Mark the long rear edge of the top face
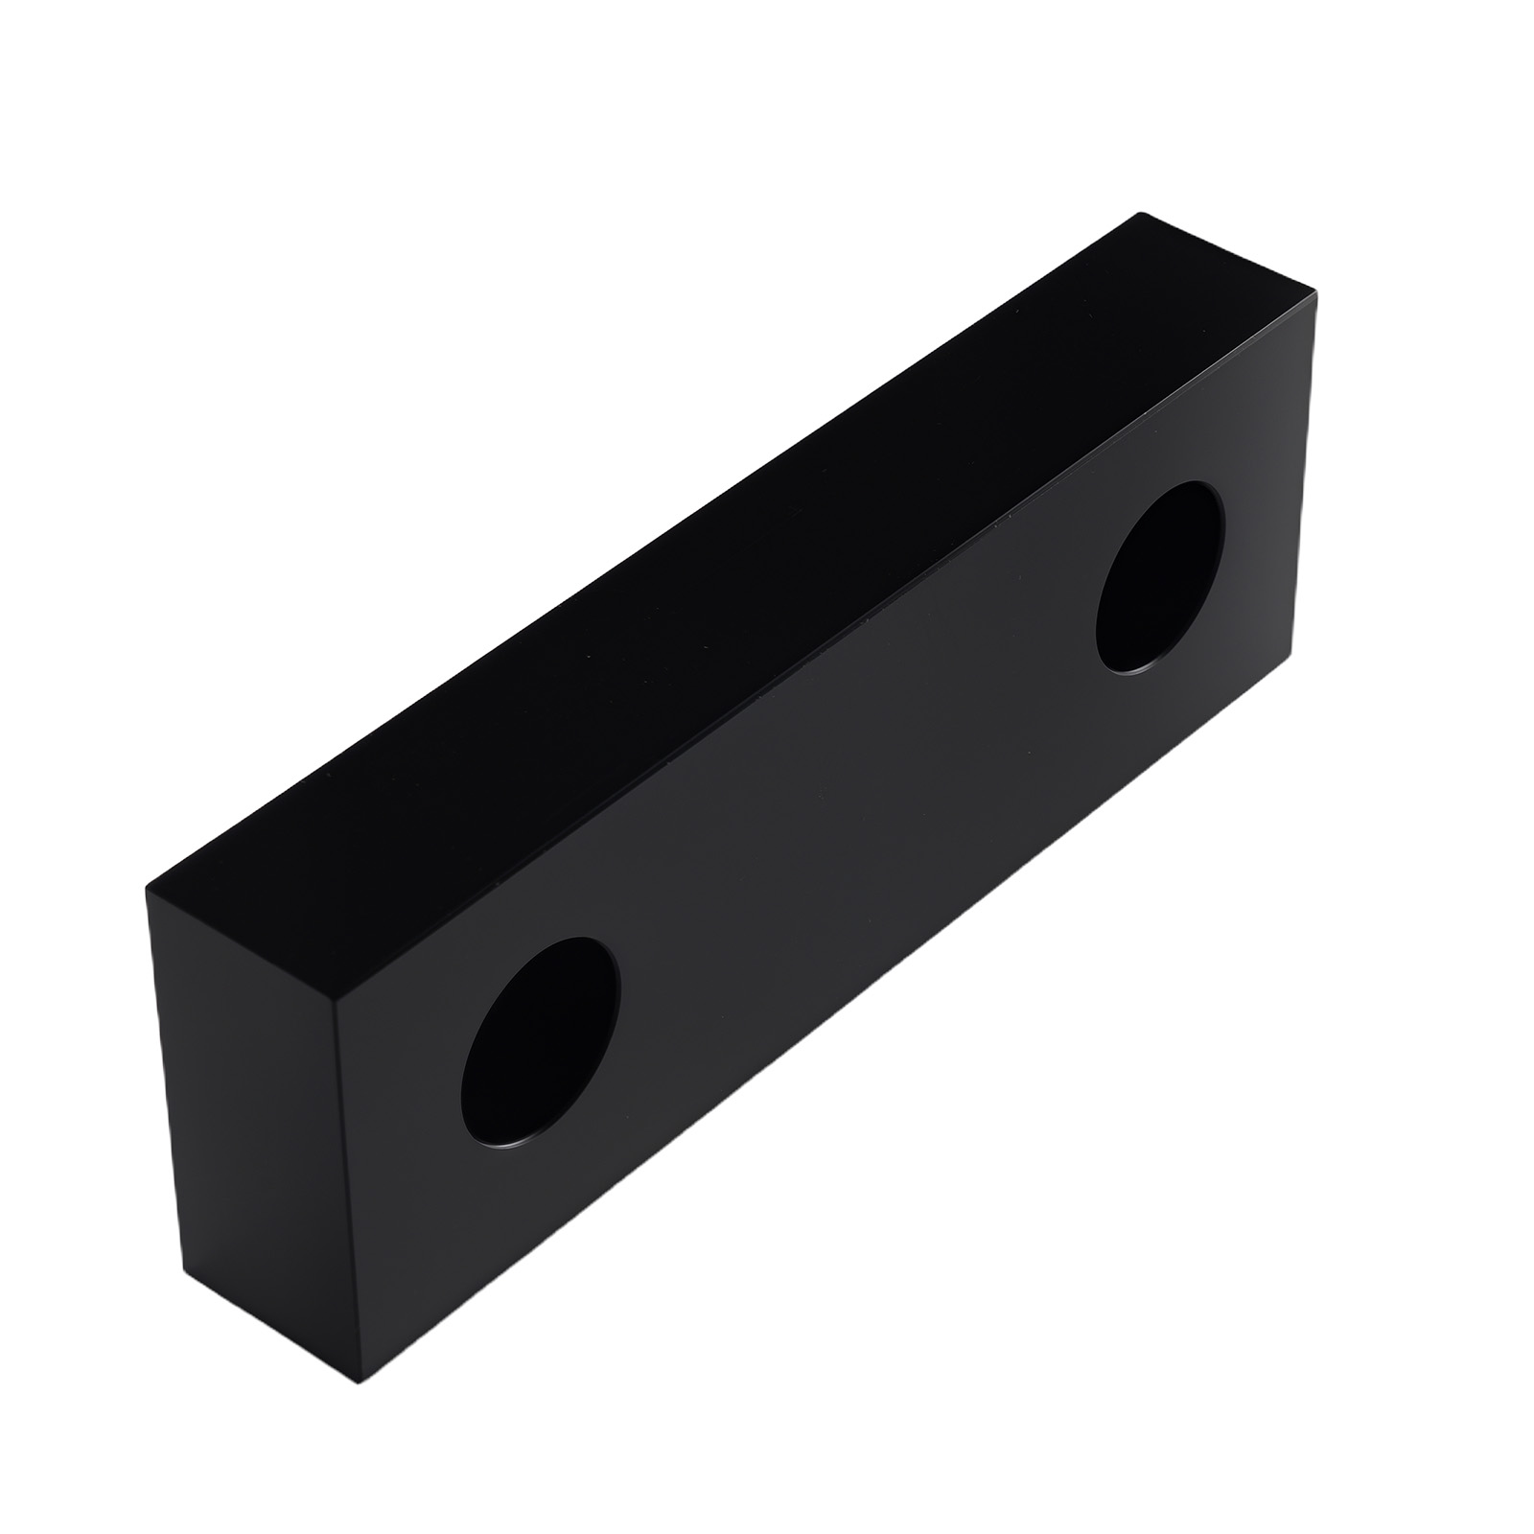[x=642, y=551]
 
